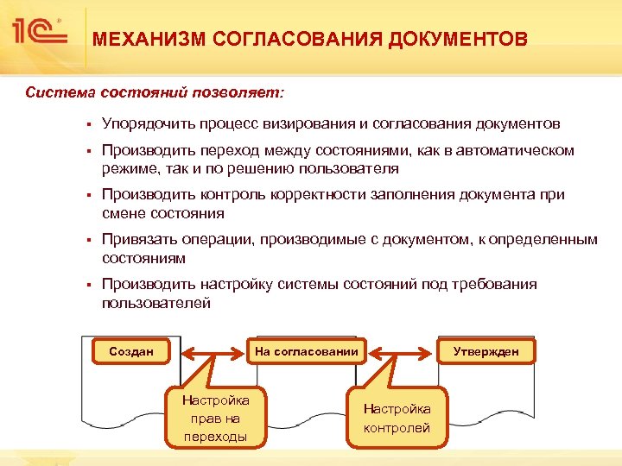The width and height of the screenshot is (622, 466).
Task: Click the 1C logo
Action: click(x=38, y=33)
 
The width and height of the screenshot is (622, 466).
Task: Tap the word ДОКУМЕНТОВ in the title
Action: click(x=457, y=39)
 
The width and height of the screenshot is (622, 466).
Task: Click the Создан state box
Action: click(x=130, y=351)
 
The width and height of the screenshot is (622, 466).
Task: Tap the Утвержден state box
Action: click(x=486, y=351)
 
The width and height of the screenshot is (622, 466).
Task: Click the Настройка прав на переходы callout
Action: click(x=215, y=418)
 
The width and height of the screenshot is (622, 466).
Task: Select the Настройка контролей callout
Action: click(x=397, y=418)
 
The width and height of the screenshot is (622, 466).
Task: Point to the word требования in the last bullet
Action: click(x=491, y=285)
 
